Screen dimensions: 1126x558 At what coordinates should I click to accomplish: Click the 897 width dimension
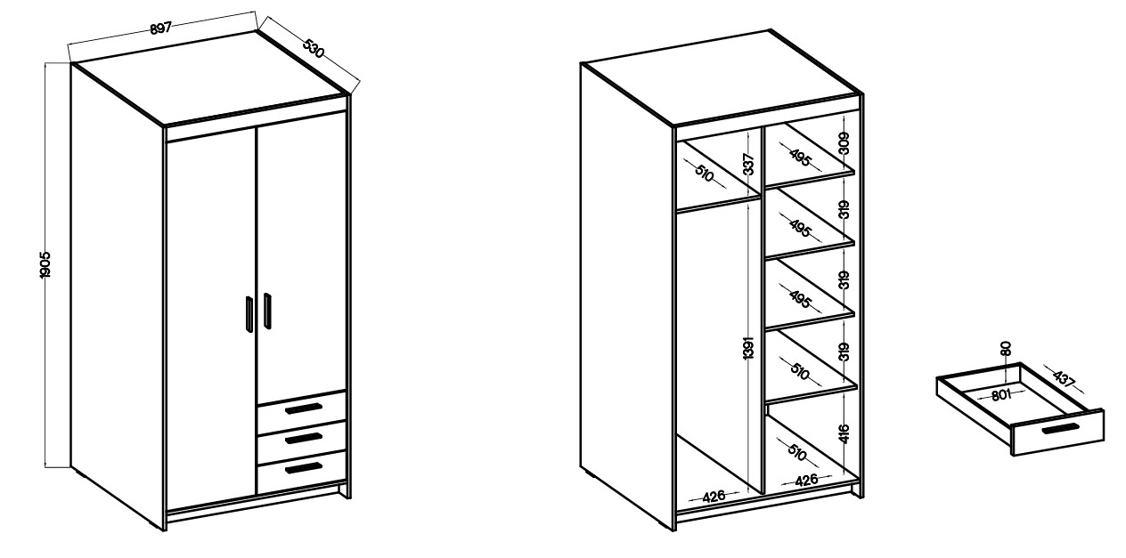(x=161, y=28)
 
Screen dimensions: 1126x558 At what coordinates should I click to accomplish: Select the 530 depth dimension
(x=314, y=48)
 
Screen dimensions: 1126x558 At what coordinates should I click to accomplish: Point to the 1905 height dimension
(x=45, y=264)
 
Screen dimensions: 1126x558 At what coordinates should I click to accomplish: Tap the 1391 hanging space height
(x=748, y=348)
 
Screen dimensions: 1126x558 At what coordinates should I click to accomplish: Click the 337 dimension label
(x=748, y=165)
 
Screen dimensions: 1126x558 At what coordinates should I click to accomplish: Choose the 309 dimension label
(x=844, y=142)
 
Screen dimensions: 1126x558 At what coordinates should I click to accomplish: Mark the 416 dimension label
(x=844, y=434)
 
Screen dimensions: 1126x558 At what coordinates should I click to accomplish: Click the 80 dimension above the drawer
(x=1006, y=349)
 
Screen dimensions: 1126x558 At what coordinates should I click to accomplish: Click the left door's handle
(x=249, y=314)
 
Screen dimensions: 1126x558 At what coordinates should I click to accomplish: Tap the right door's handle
(x=267, y=311)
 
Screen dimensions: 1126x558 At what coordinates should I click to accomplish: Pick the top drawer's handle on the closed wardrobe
(x=304, y=408)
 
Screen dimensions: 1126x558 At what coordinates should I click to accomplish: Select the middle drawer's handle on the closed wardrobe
(x=304, y=439)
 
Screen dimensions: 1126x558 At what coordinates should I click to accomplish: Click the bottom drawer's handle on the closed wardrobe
(x=304, y=467)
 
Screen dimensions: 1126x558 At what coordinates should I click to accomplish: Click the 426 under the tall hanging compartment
(x=714, y=497)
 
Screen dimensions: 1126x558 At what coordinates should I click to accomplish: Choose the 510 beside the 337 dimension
(x=705, y=174)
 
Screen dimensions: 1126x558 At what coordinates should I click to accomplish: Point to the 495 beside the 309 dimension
(x=800, y=158)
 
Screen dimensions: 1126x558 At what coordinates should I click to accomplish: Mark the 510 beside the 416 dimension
(x=796, y=452)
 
